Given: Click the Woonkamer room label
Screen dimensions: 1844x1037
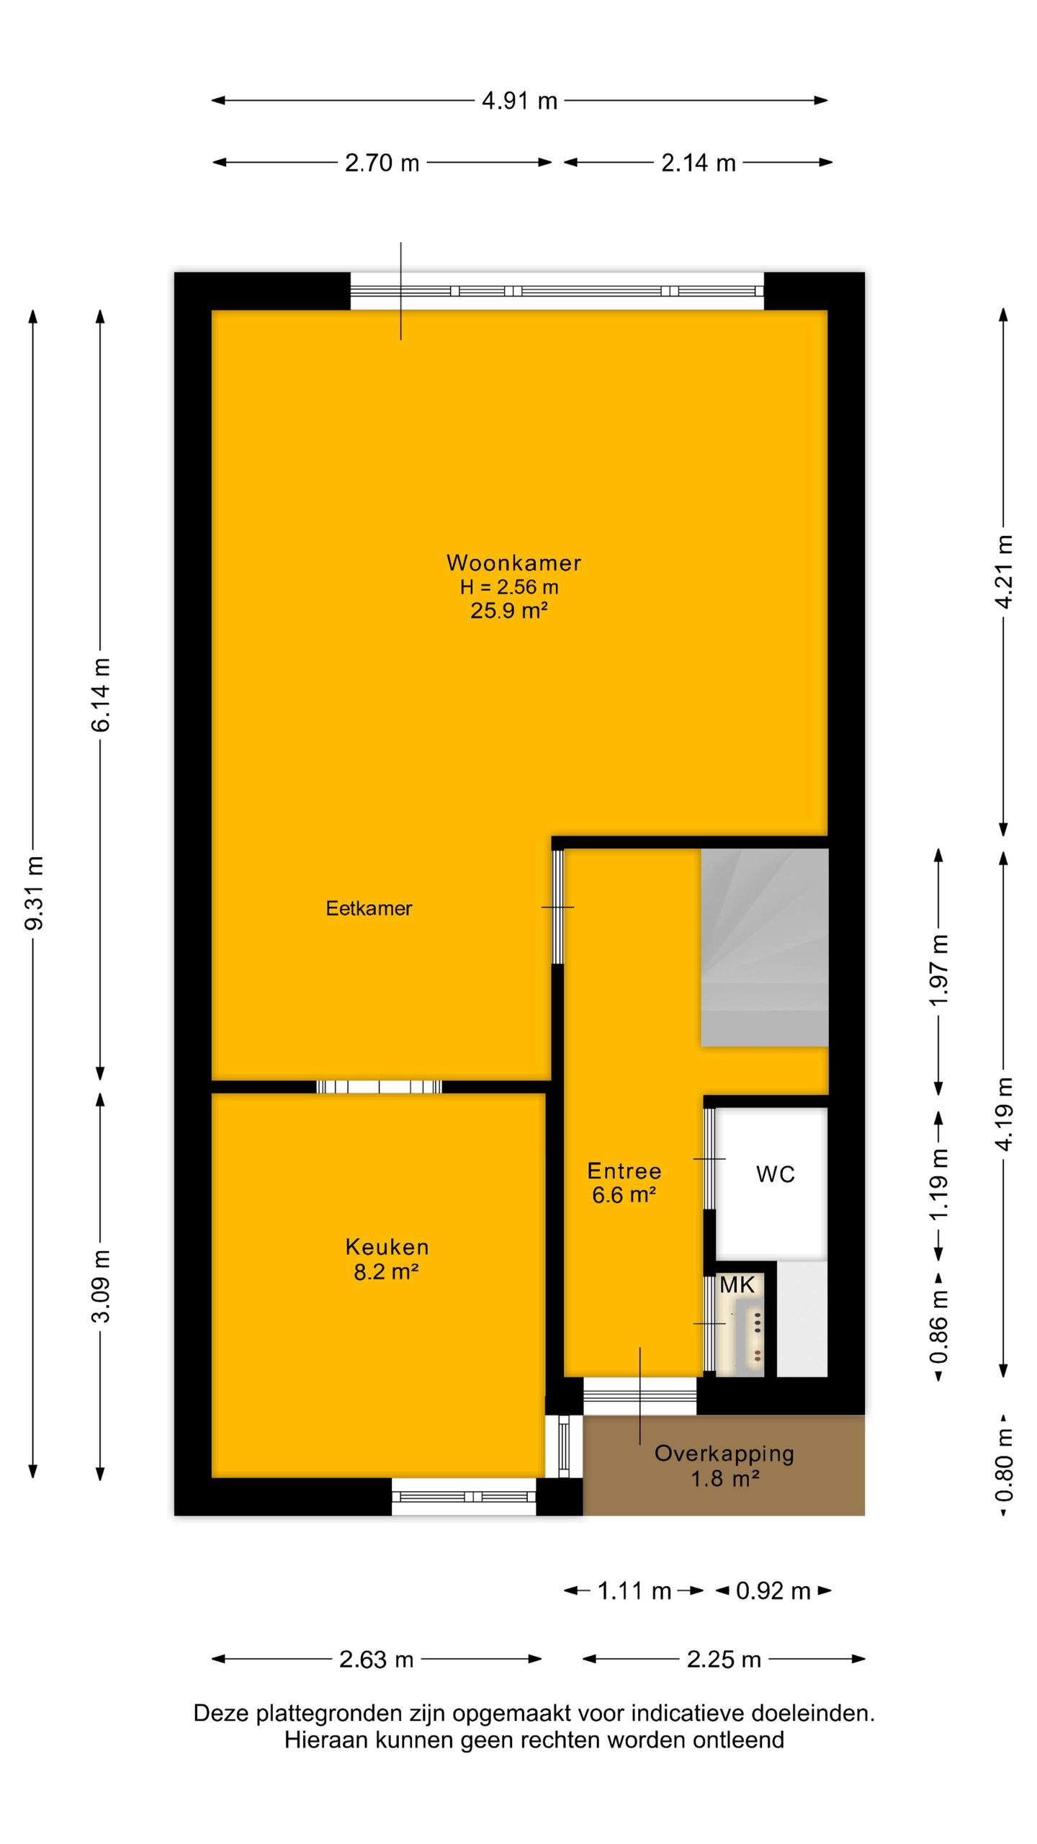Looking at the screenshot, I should click(513, 563).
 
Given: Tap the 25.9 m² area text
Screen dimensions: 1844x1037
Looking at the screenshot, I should click(509, 611).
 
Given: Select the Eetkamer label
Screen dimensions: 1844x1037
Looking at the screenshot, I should click(369, 908).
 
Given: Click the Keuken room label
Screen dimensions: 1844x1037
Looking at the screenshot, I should click(387, 1247).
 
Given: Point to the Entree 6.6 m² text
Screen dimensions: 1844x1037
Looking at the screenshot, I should click(624, 1183).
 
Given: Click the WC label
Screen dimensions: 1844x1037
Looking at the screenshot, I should click(775, 1175).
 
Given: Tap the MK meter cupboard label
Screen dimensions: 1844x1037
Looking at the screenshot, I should click(737, 1285).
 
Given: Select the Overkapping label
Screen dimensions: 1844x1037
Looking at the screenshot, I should click(724, 1454).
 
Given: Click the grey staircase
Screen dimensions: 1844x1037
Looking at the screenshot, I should click(764, 947).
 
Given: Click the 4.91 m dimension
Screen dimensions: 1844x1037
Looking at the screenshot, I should click(519, 101).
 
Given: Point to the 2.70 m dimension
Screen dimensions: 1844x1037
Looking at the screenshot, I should click(382, 163).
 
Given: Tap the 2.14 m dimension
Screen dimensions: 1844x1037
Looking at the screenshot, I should click(698, 163).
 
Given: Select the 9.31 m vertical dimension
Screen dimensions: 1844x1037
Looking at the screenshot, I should click(34, 893).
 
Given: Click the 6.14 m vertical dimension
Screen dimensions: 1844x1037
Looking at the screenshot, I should click(101, 695).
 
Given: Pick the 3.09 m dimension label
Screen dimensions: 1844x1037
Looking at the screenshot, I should click(101, 1286).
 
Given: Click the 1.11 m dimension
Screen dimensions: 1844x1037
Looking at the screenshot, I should click(634, 1590).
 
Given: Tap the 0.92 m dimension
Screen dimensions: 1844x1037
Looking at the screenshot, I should click(773, 1590).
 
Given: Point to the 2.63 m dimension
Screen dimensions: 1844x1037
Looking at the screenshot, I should click(376, 1660).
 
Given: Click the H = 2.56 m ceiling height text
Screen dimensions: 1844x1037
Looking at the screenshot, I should click(509, 587).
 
